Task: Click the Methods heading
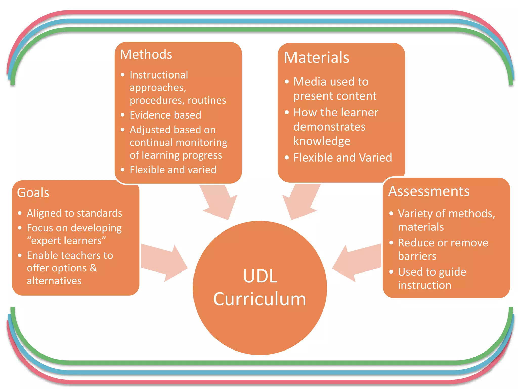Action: [x=146, y=54]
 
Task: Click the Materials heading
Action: [x=316, y=57]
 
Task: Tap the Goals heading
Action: [x=33, y=192]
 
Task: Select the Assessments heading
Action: [x=429, y=191]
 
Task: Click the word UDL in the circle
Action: [x=260, y=276]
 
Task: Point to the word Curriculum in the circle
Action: [x=260, y=299]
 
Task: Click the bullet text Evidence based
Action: [x=165, y=115]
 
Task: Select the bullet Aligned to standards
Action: [x=74, y=213]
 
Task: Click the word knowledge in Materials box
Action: [x=322, y=141]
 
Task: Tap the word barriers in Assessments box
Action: [x=417, y=256]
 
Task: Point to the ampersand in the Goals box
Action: [x=93, y=268]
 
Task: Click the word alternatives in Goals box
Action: [x=54, y=281]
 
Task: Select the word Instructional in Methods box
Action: [x=159, y=75]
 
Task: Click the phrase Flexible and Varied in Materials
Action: [x=342, y=158]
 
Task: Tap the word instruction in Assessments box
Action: [x=424, y=285]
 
